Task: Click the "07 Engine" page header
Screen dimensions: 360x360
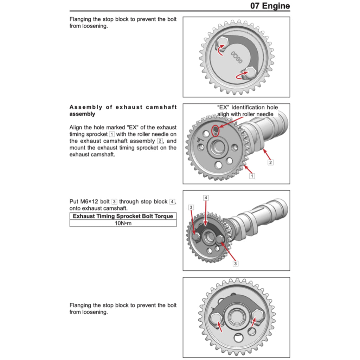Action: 270,6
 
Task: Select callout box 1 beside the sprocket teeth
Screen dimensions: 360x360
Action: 252,175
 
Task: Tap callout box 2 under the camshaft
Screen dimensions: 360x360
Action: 270,162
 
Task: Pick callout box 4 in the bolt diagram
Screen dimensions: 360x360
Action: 206,198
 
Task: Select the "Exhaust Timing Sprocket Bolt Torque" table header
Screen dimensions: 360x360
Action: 123,216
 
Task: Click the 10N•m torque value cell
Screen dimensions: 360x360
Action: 123,223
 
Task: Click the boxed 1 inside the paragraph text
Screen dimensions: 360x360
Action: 112,134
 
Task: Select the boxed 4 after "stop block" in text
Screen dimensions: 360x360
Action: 172,201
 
